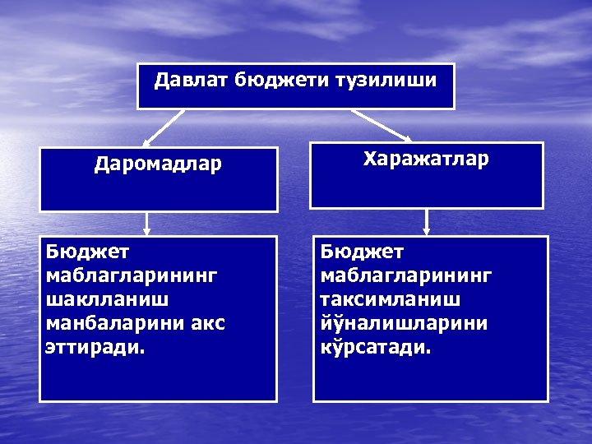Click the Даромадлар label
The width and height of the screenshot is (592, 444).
pyautogui.click(x=158, y=164)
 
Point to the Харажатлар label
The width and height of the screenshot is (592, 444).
pyautogui.click(x=426, y=158)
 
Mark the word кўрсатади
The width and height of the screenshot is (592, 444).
pyautogui.click(x=374, y=348)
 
